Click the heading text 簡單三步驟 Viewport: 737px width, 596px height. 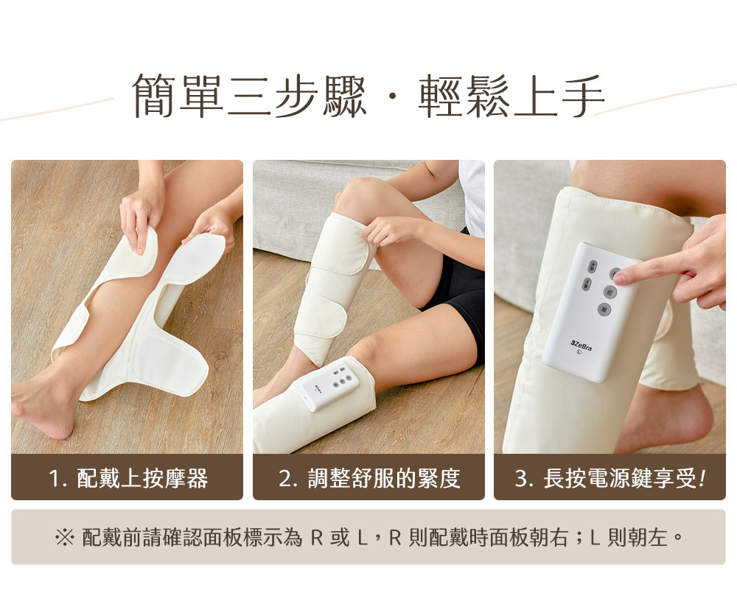[249, 97]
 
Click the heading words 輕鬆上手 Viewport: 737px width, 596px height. [511, 97]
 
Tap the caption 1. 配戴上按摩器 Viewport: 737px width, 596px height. [128, 479]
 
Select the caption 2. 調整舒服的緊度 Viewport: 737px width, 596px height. [369, 479]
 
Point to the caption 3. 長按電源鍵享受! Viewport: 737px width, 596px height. [610, 479]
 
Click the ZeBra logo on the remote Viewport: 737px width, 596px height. [581, 343]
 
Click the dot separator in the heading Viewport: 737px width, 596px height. [391, 97]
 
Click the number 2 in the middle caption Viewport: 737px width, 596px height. [284, 479]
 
